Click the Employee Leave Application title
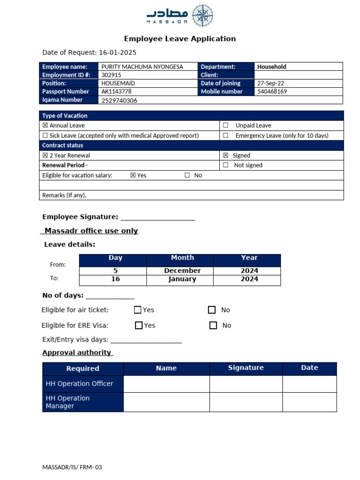coord(180,39)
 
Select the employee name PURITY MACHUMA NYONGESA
coord(142,67)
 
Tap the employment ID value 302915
coord(111,75)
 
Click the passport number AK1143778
coord(116,91)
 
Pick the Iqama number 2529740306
coord(119,100)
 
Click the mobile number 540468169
coord(272,91)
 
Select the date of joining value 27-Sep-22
coord(270,83)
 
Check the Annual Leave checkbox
coord(45,126)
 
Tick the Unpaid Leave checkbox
coord(225,126)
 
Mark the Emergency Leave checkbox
coord(225,135)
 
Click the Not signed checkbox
coord(225,165)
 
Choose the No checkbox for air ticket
coord(212,310)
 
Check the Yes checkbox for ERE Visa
coord(138,325)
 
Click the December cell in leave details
coord(182,270)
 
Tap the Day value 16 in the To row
coord(115,279)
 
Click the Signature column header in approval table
coord(246,368)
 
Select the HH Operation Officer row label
coord(80,383)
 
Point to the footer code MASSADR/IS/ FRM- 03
coord(72,467)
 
